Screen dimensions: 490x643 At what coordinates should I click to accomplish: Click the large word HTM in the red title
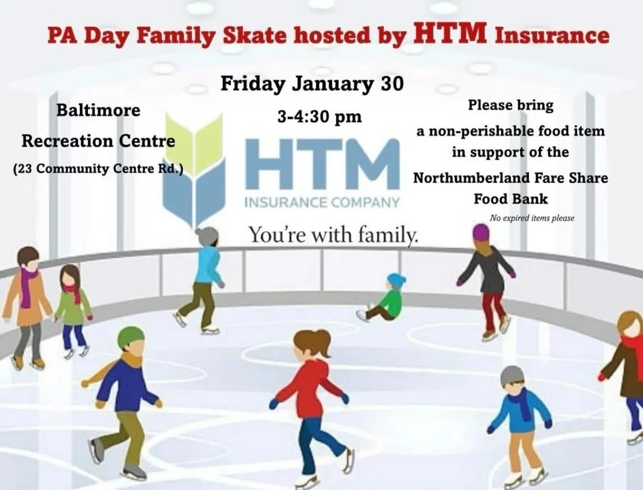tap(450, 34)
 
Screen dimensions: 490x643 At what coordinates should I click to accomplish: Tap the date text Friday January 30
tap(312, 84)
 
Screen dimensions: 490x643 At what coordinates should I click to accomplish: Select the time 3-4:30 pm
tap(320, 117)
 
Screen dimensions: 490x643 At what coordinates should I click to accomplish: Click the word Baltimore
tap(99, 110)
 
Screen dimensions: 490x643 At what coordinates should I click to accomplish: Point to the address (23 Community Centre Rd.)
tap(98, 169)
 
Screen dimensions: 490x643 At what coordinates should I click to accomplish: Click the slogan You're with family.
tap(334, 235)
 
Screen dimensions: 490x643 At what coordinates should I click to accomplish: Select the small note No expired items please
tap(532, 218)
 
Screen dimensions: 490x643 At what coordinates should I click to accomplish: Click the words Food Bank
tap(510, 198)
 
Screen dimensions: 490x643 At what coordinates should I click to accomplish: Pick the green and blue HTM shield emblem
tap(194, 169)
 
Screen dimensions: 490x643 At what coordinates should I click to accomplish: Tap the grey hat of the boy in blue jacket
tap(512, 375)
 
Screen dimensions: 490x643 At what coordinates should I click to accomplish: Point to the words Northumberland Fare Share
tap(510, 178)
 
